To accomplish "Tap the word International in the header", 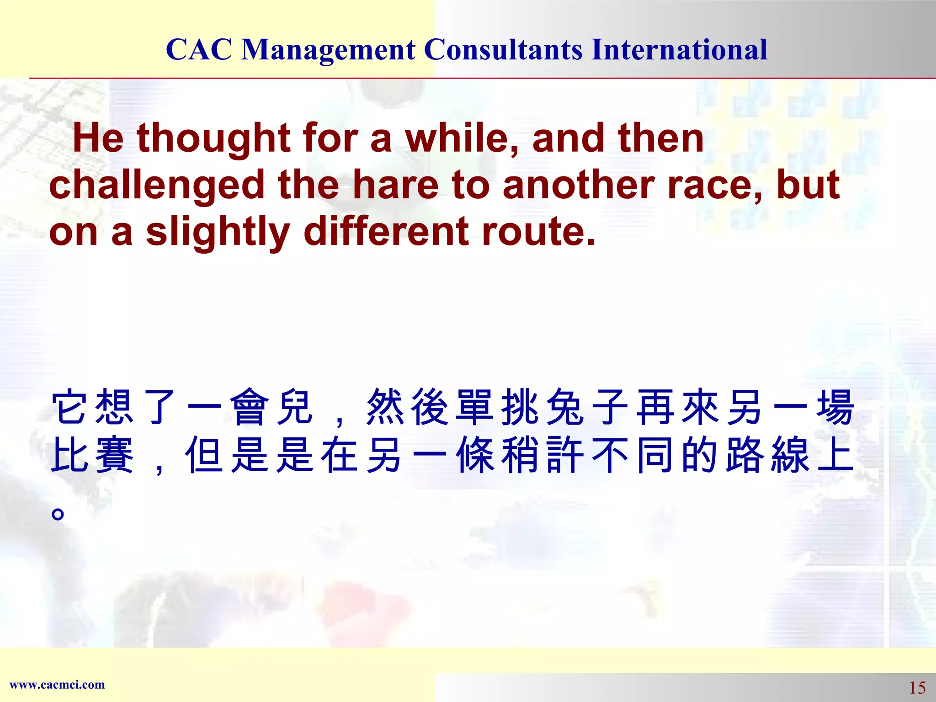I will tap(679, 50).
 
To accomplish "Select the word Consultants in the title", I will tap(503, 50).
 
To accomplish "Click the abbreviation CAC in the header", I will tap(199, 50).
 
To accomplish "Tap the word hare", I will tap(396, 185).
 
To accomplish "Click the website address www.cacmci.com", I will tap(57, 685).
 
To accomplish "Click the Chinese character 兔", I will tap(565, 407).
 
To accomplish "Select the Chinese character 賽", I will tap(115, 455).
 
